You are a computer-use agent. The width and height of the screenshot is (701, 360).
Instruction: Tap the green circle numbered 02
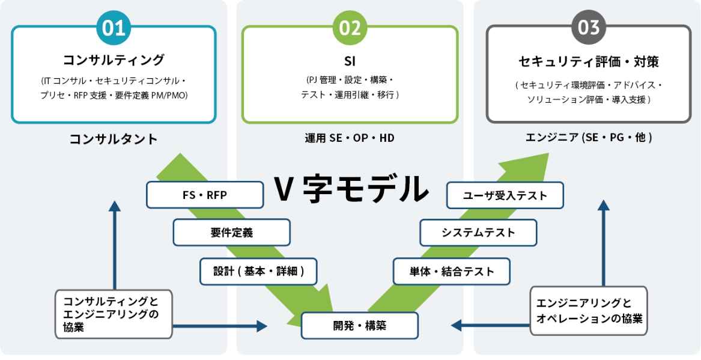[350, 28]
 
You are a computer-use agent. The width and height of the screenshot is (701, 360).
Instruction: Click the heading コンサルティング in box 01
[114, 60]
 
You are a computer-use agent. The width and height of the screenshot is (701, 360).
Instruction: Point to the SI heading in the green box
[350, 60]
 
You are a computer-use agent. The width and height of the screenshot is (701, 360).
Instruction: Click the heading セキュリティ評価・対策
[588, 62]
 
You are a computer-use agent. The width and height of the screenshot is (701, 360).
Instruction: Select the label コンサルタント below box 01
[114, 139]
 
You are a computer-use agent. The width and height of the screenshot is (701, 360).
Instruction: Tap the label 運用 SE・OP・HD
[350, 138]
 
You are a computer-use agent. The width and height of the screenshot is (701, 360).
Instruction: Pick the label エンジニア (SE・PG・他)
[588, 138]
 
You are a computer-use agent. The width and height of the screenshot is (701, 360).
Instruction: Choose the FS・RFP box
[205, 195]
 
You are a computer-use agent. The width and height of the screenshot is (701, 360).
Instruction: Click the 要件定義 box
[232, 233]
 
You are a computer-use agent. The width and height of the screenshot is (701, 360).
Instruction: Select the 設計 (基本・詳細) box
[258, 272]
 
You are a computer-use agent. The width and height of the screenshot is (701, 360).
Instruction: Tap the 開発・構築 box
[360, 325]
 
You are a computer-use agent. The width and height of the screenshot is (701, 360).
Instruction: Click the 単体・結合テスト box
[452, 272]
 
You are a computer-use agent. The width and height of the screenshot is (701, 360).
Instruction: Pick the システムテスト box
[478, 233]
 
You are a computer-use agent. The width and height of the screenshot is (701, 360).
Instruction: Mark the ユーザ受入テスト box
[505, 195]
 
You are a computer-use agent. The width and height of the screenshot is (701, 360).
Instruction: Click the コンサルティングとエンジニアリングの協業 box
[114, 314]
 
